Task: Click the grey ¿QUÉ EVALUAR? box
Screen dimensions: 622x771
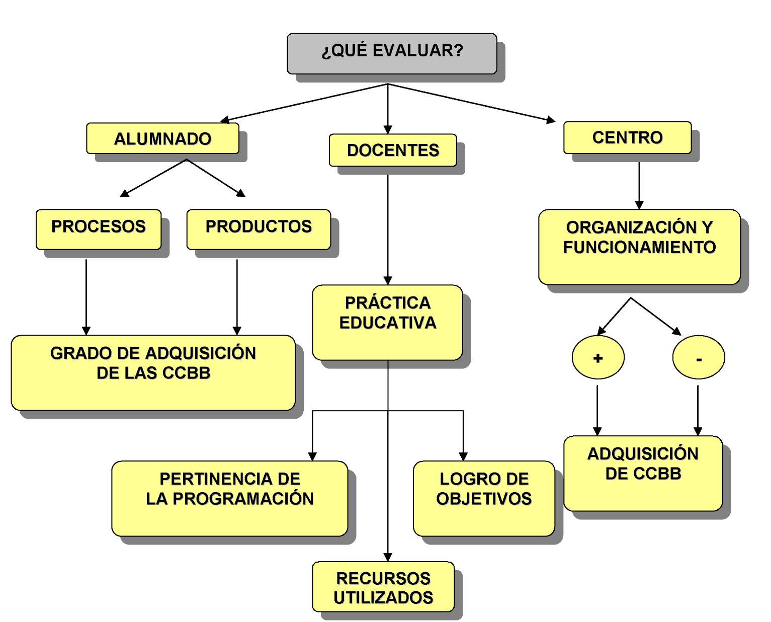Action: pyautogui.click(x=392, y=53)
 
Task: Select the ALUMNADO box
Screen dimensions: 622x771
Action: pyautogui.click(x=162, y=138)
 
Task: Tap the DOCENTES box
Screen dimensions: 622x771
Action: pyautogui.click(x=393, y=150)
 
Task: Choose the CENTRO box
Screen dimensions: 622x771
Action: pyautogui.click(x=627, y=137)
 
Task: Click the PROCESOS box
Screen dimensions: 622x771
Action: pyautogui.click(x=99, y=229)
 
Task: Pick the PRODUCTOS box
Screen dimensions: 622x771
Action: pyautogui.click(x=259, y=229)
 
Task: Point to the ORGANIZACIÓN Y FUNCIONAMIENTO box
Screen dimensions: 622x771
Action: pyautogui.click(x=639, y=247)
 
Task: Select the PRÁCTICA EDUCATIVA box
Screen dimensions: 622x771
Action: pyautogui.click(x=387, y=323)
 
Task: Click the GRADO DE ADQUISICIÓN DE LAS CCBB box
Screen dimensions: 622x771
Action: pyautogui.click(x=153, y=372)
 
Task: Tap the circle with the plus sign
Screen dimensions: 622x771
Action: pyautogui.click(x=598, y=357)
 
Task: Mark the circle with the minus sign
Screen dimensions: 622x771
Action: pyautogui.click(x=699, y=357)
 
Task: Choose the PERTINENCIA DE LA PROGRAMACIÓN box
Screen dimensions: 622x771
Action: pyautogui.click(x=229, y=498)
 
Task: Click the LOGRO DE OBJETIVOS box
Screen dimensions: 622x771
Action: pyautogui.click(x=484, y=498)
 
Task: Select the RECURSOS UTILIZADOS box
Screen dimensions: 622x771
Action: pyautogui.click(x=383, y=587)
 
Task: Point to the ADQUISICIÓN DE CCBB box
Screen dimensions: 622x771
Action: pyautogui.click(x=643, y=473)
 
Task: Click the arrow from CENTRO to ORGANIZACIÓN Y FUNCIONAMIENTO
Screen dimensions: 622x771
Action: pyautogui.click(x=639, y=184)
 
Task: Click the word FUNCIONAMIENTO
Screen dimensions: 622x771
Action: pyautogui.click(x=639, y=247)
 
